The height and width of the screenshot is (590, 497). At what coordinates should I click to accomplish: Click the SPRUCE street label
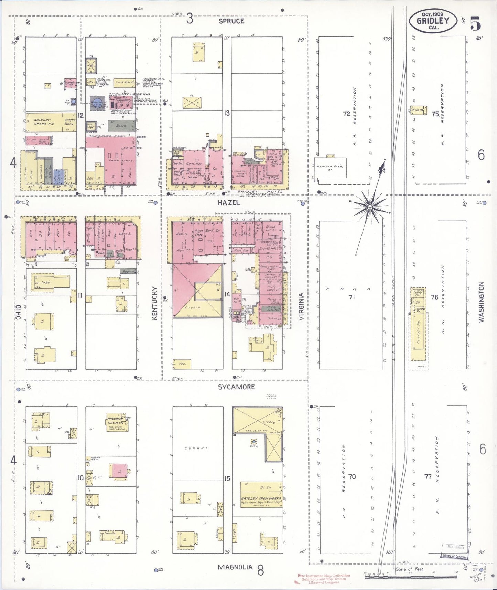point(232,21)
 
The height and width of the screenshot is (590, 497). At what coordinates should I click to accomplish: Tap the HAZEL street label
point(228,203)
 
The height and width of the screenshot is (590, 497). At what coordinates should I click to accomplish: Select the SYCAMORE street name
point(236,387)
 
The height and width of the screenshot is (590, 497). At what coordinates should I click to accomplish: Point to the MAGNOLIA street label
point(236,567)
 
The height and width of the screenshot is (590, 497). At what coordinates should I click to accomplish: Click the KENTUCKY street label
point(154,304)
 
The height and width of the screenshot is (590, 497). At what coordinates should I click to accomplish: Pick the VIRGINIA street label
point(301,306)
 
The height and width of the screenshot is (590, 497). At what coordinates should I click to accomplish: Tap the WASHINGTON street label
point(481,302)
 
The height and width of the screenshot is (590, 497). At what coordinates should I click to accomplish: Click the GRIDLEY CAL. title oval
point(433,21)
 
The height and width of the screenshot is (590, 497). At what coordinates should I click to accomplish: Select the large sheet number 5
point(475,23)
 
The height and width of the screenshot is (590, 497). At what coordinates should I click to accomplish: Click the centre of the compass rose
point(370,207)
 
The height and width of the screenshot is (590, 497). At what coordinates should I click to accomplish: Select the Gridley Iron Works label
point(261,498)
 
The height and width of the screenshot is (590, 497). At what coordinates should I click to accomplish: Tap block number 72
point(346,113)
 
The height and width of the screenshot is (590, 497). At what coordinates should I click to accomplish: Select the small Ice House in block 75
point(419,110)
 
